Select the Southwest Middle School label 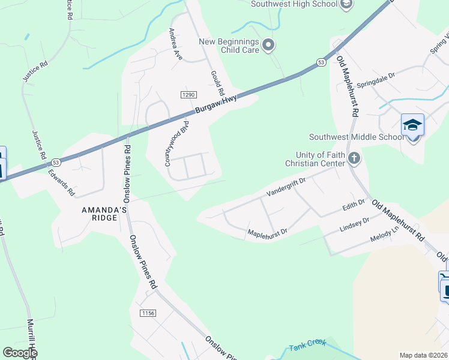(x=357, y=137)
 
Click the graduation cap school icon (x=412, y=125)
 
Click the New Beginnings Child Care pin (x=268, y=45)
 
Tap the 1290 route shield (x=188, y=95)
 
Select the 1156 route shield (x=148, y=313)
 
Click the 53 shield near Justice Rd (x=56, y=162)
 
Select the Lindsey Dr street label (x=355, y=223)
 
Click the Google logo (x=20, y=353)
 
